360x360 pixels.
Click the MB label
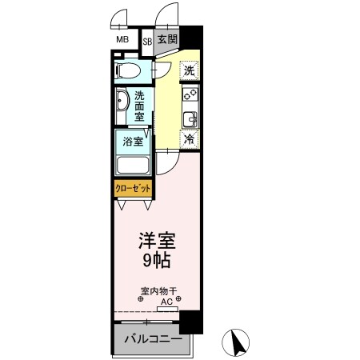[122, 39]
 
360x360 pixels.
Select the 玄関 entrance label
[166, 39]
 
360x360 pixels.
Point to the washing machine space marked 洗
[189, 70]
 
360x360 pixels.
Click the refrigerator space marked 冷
[190, 139]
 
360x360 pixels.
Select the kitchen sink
[190, 120]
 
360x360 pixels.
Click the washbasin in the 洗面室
[121, 103]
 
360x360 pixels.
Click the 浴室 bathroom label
[133, 142]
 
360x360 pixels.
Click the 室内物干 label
[158, 291]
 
